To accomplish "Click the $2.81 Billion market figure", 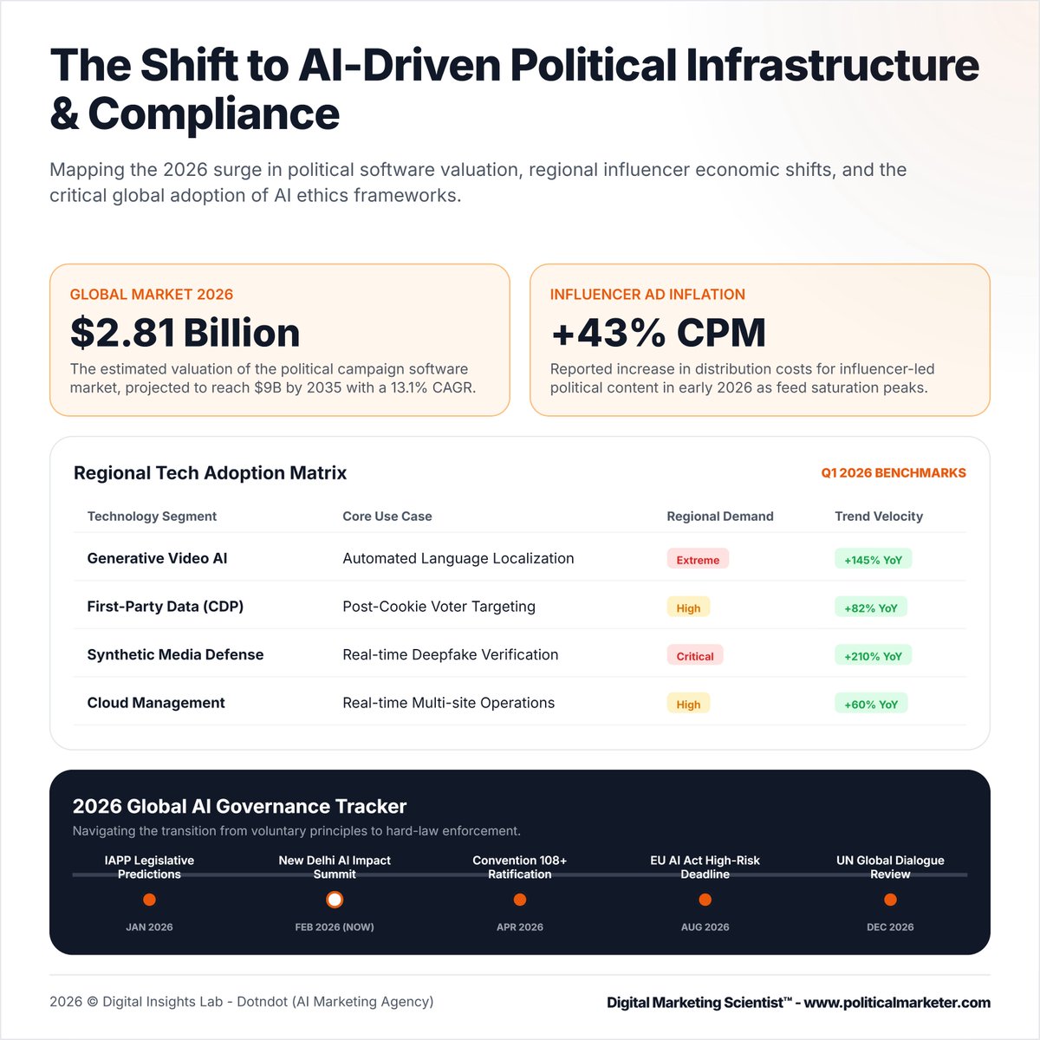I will click(x=185, y=333).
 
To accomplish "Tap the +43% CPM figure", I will click(x=658, y=333).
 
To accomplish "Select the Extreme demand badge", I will click(x=698, y=560).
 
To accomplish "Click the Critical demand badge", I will click(x=694, y=656).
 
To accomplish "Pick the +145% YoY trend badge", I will click(x=873, y=560).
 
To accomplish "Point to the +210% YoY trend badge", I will click(x=873, y=656).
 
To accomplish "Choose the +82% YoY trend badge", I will click(x=870, y=608).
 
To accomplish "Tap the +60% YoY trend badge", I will click(x=870, y=705).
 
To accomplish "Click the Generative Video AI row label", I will click(x=157, y=558).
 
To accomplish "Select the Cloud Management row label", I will click(x=156, y=703).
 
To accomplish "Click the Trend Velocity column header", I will click(x=878, y=516).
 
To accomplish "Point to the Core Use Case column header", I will click(x=387, y=516).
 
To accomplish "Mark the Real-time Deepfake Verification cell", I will click(x=450, y=654).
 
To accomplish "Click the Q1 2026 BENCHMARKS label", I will click(x=893, y=473).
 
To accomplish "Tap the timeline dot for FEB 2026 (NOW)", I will click(x=335, y=900).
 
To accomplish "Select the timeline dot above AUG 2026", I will click(x=705, y=900).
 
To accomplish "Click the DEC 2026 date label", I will click(x=890, y=926).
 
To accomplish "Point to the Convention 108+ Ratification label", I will click(x=519, y=867).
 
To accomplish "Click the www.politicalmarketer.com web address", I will click(x=897, y=1003).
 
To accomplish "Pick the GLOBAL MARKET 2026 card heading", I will click(x=151, y=295).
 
